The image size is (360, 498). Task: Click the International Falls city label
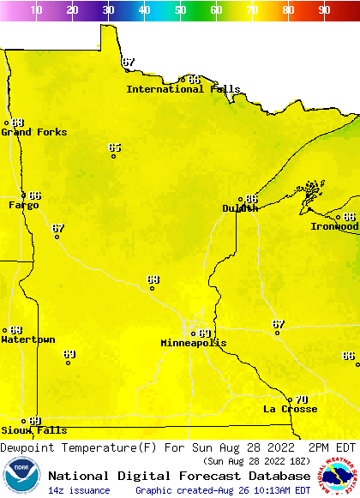[x=177, y=89]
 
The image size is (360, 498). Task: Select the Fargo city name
[x=24, y=205]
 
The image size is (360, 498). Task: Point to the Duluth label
[x=240, y=208]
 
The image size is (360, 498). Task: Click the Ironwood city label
[x=334, y=226]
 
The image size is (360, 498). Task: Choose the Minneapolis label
[x=194, y=343]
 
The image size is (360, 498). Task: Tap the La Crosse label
[x=290, y=409]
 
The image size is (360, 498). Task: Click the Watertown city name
[x=27, y=339]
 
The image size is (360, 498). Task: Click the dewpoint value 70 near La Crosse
[x=301, y=399]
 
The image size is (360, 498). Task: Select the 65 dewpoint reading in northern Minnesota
[x=114, y=147]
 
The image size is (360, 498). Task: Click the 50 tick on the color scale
[x=180, y=10]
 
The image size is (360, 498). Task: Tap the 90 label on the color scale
[x=324, y=10]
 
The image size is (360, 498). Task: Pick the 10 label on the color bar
[x=36, y=10]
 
